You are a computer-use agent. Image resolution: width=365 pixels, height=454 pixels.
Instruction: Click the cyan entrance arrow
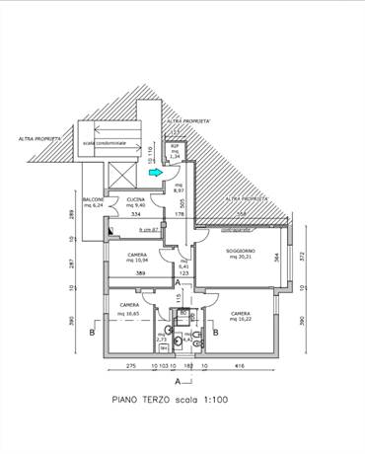[153, 173]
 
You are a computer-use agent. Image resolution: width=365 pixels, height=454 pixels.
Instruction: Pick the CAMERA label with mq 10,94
[137, 255]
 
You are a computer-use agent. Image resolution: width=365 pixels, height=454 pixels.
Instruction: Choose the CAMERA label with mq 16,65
[129, 306]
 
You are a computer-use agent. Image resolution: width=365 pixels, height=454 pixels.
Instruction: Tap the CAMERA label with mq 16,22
[241, 315]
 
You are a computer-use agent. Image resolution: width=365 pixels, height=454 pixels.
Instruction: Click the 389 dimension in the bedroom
[140, 272]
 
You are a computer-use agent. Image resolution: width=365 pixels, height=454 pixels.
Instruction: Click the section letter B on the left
[92, 335]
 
